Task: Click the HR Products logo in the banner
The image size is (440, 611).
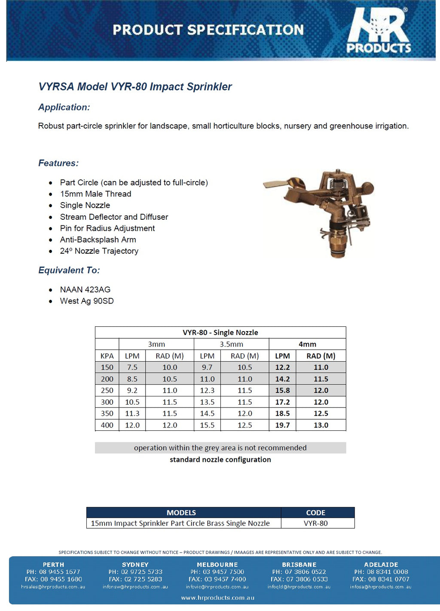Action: (379, 31)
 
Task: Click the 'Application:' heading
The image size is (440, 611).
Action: (64, 107)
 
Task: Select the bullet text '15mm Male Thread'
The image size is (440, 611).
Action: (95, 194)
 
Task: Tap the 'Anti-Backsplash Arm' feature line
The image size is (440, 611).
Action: (98, 239)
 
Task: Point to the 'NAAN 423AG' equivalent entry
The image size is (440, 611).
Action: (85, 289)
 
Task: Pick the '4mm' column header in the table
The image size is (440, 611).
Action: (307, 344)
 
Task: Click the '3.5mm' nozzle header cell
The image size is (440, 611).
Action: (231, 344)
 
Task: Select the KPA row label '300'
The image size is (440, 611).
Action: (107, 402)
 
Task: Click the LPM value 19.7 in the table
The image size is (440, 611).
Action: (282, 425)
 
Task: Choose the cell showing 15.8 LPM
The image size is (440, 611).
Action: (282, 390)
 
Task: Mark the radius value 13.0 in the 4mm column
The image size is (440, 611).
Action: (321, 425)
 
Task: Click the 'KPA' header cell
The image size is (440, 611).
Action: (107, 356)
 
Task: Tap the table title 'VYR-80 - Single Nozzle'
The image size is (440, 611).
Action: (220, 332)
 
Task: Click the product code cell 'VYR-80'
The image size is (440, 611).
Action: (315, 523)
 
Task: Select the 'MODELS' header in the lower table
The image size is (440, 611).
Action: (181, 513)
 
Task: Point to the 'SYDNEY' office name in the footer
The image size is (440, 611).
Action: (135, 565)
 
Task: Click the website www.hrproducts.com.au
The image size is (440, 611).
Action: (217, 598)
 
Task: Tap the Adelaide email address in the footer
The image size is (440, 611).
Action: (380, 587)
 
